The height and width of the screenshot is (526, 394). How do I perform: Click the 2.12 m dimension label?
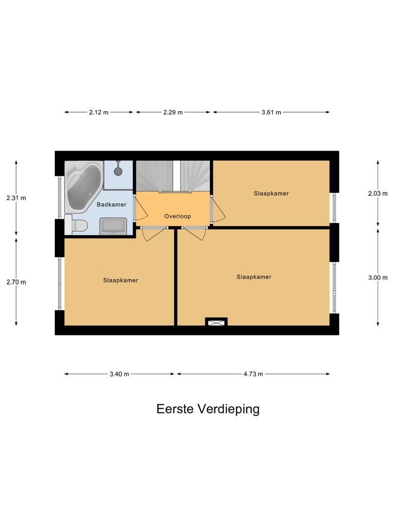[99, 112]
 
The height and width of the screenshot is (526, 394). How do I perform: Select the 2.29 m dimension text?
[173, 112]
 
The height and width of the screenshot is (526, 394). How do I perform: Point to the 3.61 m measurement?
[271, 112]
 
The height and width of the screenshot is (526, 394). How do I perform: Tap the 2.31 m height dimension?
[16, 197]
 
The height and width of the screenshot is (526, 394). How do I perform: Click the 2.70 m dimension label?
[16, 281]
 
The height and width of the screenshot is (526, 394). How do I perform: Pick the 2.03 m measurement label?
[378, 194]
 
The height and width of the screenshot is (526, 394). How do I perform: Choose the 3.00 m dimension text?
[378, 277]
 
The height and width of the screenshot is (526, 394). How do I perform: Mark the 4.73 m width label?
[253, 374]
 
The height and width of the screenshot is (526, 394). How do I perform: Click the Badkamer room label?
[111, 204]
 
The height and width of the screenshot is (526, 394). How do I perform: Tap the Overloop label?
[178, 216]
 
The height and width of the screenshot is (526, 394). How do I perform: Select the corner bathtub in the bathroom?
[82, 187]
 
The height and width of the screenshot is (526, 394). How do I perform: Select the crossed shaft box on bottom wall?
[216, 322]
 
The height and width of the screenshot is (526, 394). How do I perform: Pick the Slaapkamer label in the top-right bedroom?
[271, 194]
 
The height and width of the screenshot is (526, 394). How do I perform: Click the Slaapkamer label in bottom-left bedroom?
[121, 280]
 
